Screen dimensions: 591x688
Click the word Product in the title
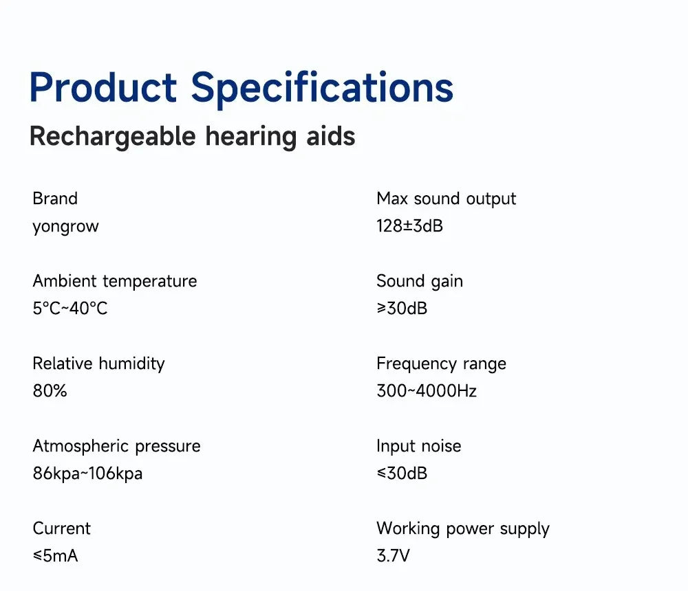103,88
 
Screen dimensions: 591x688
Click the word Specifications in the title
322,88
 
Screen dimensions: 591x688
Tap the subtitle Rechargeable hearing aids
192,136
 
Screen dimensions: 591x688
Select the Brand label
55,199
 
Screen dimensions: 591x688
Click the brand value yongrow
65,226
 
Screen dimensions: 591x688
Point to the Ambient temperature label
114,281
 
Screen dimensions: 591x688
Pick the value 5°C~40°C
70,309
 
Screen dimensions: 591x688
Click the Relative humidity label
98,364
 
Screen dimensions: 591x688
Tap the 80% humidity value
50,391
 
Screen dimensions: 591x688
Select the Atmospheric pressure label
116,446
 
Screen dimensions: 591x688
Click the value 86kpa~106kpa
87,473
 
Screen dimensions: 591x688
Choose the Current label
61,528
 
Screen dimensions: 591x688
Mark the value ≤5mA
55,556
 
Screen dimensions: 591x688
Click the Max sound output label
446,199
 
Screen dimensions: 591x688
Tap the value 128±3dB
409,226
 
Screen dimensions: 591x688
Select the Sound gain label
420,281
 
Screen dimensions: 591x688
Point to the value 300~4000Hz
427,391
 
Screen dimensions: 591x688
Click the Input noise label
418,446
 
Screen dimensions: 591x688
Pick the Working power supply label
462,528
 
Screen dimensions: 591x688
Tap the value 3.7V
393,556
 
